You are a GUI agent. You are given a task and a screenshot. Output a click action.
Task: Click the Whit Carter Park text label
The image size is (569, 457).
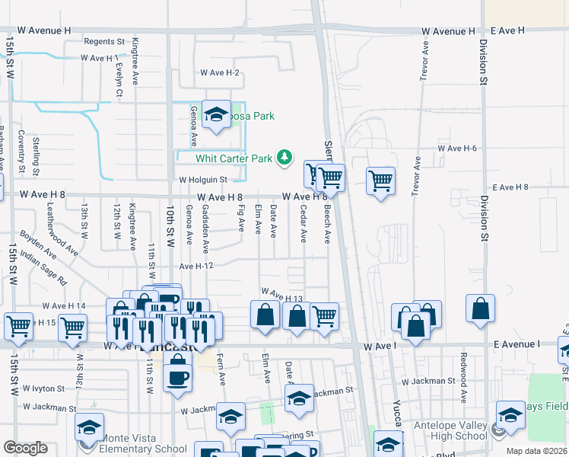[x=234, y=158]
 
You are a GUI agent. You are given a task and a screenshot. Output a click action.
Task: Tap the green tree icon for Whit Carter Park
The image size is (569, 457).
[x=284, y=158]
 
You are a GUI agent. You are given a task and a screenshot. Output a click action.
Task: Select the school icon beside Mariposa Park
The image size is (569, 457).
[x=217, y=116]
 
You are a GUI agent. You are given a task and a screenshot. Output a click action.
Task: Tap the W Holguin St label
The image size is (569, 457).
[x=203, y=180]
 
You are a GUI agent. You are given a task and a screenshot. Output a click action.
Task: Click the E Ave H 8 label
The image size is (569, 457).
[x=510, y=187]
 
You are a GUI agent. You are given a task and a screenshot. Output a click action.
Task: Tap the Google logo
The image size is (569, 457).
[x=25, y=448]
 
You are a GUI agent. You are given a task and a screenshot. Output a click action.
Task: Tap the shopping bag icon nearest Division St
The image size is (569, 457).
[x=480, y=309]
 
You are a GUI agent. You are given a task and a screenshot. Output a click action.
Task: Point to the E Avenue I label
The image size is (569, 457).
[x=515, y=345]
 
